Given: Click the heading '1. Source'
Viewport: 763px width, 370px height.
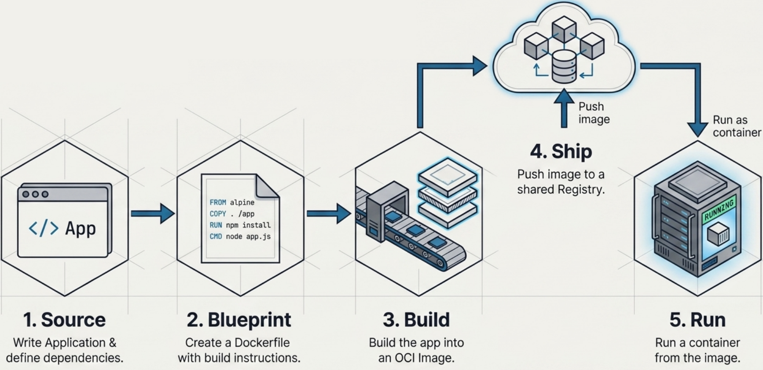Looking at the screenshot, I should [64, 320].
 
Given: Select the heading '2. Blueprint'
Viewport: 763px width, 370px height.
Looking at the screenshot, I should [239, 320].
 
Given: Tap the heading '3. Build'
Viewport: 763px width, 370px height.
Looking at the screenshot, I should [416, 320].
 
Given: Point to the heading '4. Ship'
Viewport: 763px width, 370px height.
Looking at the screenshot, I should [561, 152].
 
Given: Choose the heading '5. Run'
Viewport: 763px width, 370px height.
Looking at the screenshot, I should [697, 320].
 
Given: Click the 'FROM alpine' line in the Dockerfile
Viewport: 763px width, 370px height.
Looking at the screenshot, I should [232, 203].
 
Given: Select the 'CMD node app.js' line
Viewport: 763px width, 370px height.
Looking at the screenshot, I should [240, 237].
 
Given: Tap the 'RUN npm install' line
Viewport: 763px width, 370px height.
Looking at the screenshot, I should [240, 225].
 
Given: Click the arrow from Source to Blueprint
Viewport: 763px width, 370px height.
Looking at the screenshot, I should [152, 214].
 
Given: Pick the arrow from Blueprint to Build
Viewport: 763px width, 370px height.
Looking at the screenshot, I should [328, 214].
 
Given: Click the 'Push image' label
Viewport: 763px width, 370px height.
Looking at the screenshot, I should [594, 113].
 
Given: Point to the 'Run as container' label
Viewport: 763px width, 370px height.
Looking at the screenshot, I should [736, 126].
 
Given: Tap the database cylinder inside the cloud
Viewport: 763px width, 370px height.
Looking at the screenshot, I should [564, 66].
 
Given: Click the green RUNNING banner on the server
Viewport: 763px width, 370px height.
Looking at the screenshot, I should [719, 210].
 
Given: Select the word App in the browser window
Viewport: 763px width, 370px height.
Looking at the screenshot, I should [81, 229].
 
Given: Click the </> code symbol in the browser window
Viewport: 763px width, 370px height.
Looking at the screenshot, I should [44, 228].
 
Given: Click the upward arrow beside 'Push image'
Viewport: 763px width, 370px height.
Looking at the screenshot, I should [564, 108].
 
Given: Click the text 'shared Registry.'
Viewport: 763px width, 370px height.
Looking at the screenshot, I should [561, 190].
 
